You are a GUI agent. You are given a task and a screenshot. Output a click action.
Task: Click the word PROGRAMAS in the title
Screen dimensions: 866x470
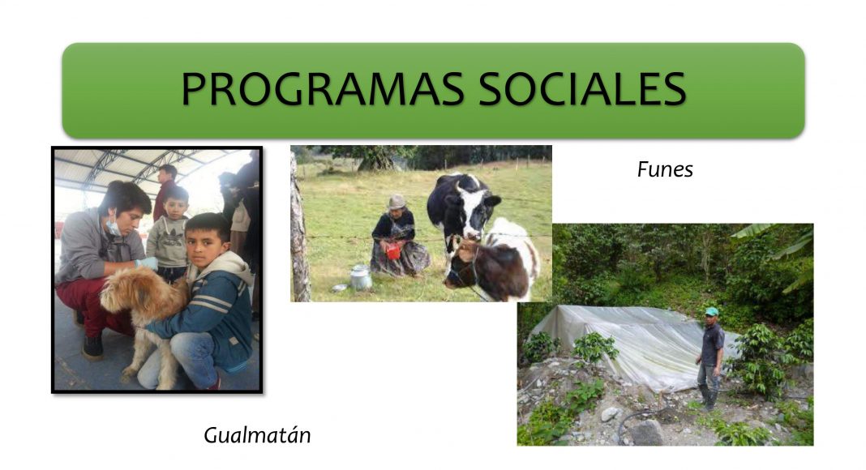click(x=323, y=88)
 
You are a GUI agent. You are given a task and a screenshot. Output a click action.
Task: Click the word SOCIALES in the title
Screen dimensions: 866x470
click(x=582, y=88)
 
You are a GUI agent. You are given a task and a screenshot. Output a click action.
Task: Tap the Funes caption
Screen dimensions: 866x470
click(x=665, y=169)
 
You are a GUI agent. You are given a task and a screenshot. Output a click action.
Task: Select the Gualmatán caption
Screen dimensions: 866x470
click(x=257, y=435)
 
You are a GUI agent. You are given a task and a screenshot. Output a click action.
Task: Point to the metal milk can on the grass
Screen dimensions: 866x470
click(x=361, y=277)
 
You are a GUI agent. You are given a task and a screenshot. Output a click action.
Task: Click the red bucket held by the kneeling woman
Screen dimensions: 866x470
click(x=392, y=251)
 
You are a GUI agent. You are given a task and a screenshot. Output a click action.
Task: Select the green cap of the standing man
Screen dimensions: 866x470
click(x=711, y=312)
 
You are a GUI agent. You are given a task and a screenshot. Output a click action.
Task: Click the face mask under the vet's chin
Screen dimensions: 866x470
click(x=114, y=227)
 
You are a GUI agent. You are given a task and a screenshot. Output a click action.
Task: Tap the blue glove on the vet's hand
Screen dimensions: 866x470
click(x=148, y=263)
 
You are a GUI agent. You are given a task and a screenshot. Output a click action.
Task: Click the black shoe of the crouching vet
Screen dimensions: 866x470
click(x=92, y=347)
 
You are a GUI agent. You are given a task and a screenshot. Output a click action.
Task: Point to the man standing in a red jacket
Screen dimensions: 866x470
click(x=165, y=190)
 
